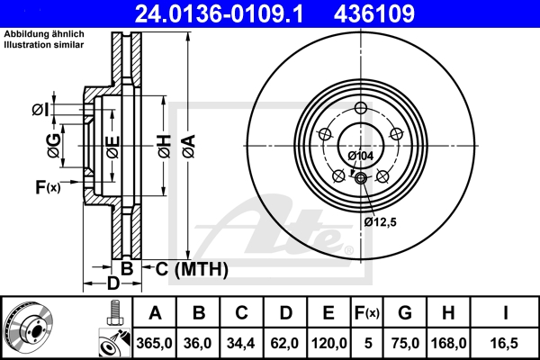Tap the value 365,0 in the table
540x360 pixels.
155,343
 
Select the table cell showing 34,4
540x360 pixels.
241,343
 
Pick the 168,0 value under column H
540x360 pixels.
450,343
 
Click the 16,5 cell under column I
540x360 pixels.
509,343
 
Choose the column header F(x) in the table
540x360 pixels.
367,314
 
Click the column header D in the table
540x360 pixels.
285,314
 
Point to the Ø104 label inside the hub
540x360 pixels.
360,156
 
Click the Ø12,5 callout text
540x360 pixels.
380,220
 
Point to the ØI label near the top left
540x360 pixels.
40,110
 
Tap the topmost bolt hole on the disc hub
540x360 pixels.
361,109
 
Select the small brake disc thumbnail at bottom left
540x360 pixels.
30,328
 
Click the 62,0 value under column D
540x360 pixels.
285,343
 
